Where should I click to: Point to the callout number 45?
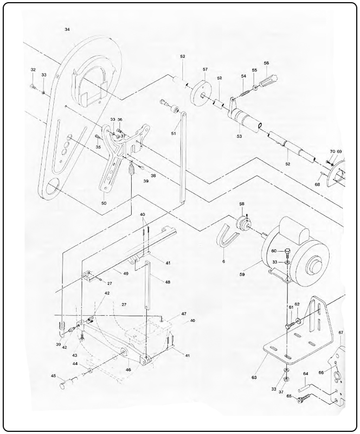(53, 375)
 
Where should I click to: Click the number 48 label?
(168, 282)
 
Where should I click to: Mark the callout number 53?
(239, 137)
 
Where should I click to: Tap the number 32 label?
(33, 70)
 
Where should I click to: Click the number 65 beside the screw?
(290, 397)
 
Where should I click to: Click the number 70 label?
(332, 151)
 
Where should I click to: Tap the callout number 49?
(125, 273)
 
